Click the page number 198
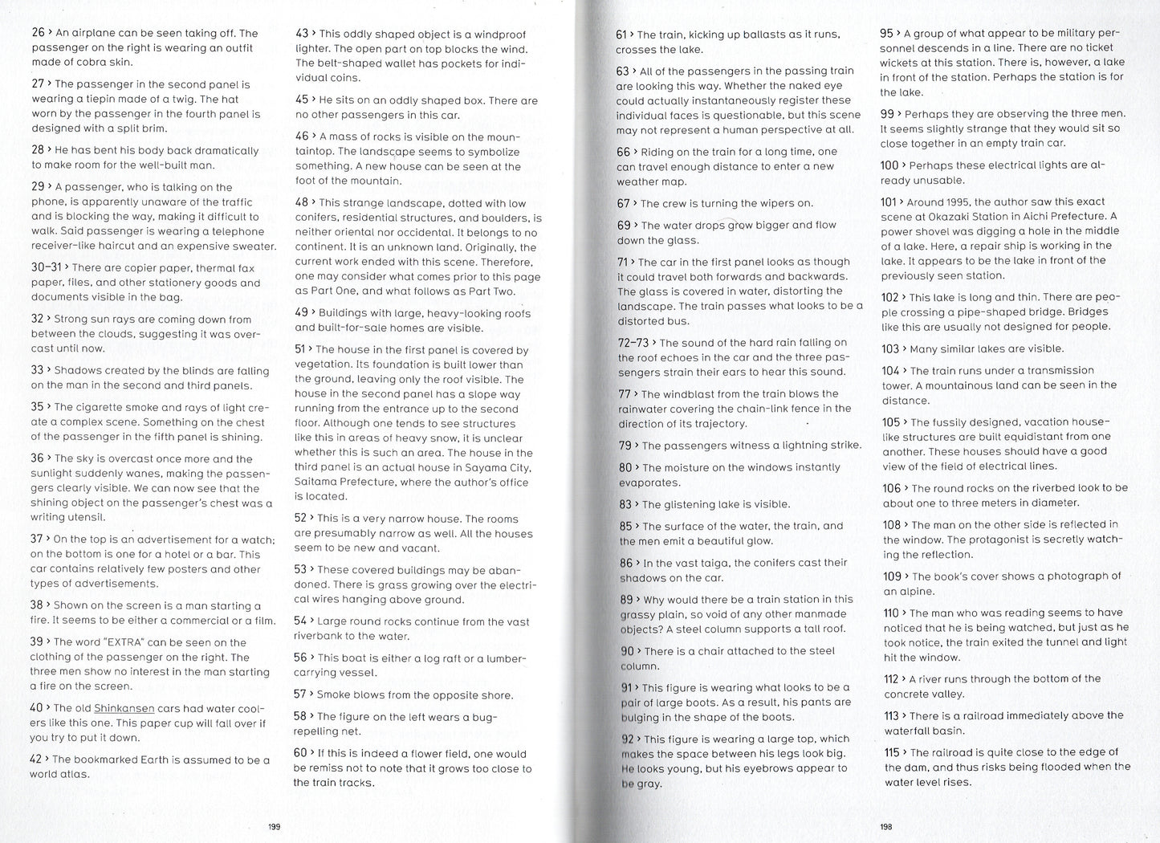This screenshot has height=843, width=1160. coord(885,826)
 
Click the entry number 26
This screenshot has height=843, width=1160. coord(38,33)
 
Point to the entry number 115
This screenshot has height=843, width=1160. coord(891,752)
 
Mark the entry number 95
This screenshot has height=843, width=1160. coord(886,33)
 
